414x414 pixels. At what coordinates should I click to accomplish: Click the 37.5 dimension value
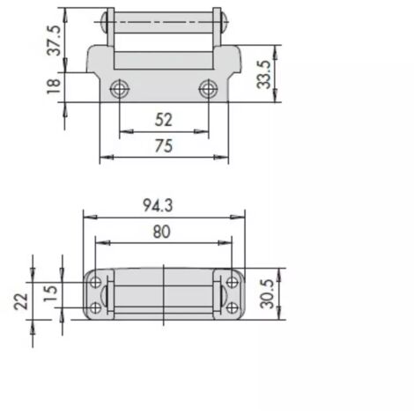(x=54, y=41)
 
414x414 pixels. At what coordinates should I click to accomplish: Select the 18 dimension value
(x=54, y=86)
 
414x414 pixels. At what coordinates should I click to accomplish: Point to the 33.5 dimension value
(x=263, y=75)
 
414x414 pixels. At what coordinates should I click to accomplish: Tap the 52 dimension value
(x=164, y=120)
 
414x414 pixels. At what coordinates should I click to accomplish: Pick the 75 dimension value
(x=164, y=146)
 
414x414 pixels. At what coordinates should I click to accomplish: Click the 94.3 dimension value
(x=158, y=205)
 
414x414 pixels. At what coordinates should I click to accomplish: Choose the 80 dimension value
(x=161, y=232)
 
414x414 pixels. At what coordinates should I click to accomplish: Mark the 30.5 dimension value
(x=267, y=294)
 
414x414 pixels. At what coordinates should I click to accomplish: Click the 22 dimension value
(x=21, y=301)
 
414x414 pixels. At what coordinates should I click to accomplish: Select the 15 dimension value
(x=50, y=293)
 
